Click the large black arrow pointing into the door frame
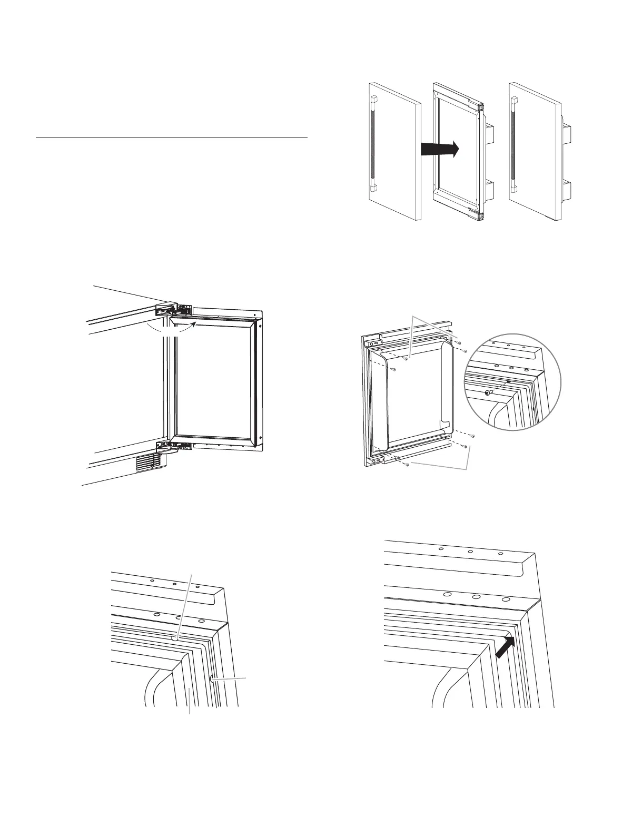440,150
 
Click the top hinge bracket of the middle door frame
480,106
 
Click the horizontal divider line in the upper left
171,138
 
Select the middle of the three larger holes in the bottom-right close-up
476,597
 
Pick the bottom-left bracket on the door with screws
375,462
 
